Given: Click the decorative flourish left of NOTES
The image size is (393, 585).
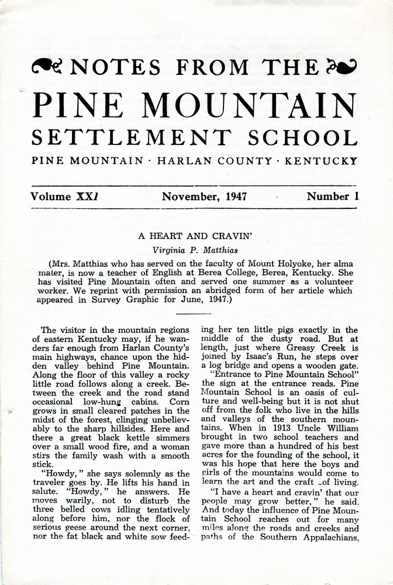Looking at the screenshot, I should pyautogui.click(x=49, y=67).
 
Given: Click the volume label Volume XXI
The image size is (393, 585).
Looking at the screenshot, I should pyautogui.click(x=64, y=197).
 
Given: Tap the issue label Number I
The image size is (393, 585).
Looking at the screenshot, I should pyautogui.click(x=332, y=197).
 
